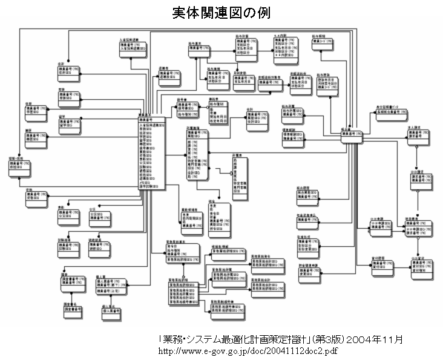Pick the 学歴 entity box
coord(36,111)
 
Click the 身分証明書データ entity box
coord(390,113)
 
